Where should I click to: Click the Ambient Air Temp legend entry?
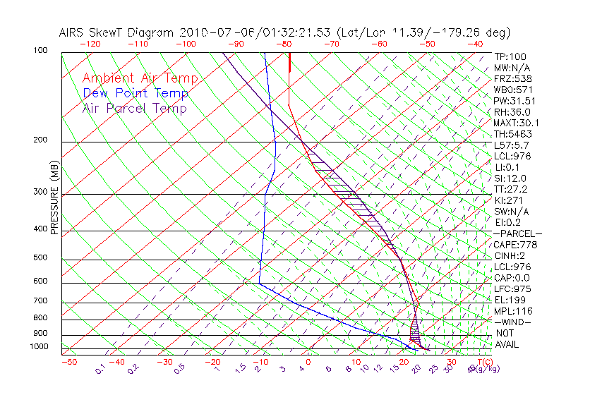click(140, 78)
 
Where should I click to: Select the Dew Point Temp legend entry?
click(136, 93)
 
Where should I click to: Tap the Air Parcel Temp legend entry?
click(134, 108)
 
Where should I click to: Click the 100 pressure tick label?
click(40, 51)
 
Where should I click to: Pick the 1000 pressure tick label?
click(38, 347)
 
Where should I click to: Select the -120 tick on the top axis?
click(90, 43)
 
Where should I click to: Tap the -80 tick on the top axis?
click(284, 43)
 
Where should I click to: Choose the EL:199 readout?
click(508, 300)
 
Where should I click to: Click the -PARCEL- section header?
click(517, 233)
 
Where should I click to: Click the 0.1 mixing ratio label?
click(101, 370)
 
